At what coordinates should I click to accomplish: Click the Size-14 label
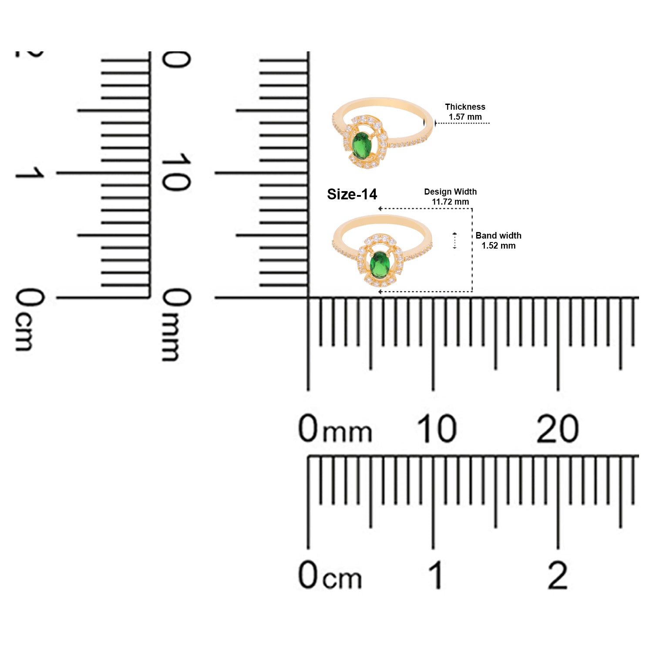pyautogui.click(x=352, y=194)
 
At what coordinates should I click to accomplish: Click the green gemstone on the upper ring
pyautogui.click(x=361, y=145)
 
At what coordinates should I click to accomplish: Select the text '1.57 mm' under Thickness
pyautogui.click(x=465, y=117)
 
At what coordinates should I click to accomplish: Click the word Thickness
pyautogui.click(x=465, y=107)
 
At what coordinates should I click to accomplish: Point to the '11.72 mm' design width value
pyautogui.click(x=451, y=202)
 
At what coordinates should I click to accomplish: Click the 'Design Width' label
pyautogui.click(x=451, y=192)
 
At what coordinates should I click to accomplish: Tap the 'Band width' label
pyautogui.click(x=498, y=236)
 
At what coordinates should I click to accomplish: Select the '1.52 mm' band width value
pyautogui.click(x=498, y=246)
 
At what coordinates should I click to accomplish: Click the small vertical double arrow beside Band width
pyautogui.click(x=455, y=241)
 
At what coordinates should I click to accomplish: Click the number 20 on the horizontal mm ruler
pyautogui.click(x=558, y=429)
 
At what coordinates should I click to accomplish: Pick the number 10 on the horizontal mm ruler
pyautogui.click(x=437, y=429)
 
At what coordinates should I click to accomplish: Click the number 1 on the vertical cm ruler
pyautogui.click(x=30, y=173)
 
